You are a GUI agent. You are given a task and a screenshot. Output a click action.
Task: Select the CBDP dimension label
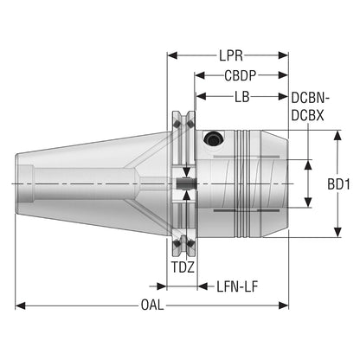(x=241, y=75)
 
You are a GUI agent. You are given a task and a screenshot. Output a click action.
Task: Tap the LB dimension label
(x=241, y=97)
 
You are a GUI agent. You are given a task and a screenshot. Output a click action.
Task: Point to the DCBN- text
(x=311, y=98)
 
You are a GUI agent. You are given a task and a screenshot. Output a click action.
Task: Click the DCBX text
(x=307, y=116)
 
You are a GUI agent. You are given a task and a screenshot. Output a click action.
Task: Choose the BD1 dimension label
(x=338, y=184)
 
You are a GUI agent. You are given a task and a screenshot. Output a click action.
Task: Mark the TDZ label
(x=183, y=267)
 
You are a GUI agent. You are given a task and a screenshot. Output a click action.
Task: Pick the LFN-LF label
(x=237, y=286)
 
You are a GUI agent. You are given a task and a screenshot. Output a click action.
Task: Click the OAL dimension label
(x=152, y=305)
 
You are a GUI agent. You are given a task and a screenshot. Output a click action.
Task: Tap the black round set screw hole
(x=214, y=138)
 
